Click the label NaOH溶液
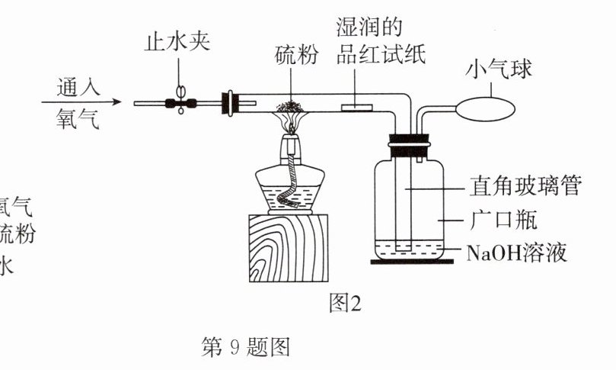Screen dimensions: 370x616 (517, 253)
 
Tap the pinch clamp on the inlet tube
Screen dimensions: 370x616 (181, 101)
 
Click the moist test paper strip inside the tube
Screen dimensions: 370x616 (353, 108)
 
